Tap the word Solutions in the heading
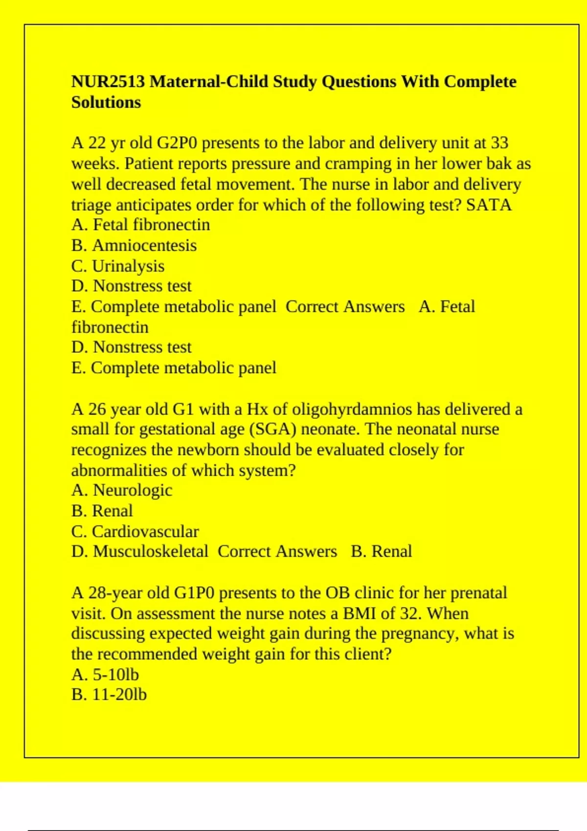[106, 103]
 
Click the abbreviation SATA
[489, 205]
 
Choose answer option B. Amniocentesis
[134, 245]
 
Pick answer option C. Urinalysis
[118, 266]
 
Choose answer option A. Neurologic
[122, 490]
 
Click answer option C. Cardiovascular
[135, 531]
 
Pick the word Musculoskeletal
[151, 551]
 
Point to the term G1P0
[194, 593]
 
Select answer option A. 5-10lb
[105, 675]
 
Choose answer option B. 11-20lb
[109, 695]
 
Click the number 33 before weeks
[499, 143]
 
